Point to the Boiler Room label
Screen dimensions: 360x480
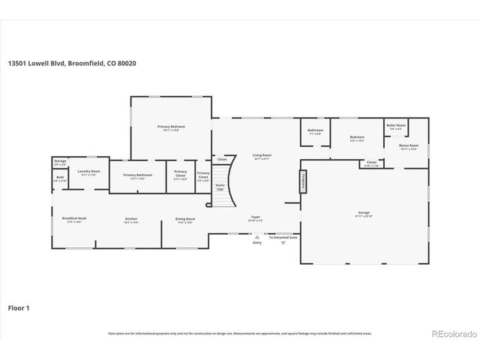point(396,127)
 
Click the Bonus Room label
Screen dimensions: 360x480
point(409,146)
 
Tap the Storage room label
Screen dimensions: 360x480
point(60,162)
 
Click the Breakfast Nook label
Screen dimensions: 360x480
point(73,220)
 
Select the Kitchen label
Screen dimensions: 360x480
point(131,220)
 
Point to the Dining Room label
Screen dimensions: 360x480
point(184,220)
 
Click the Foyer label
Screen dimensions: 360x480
point(255,219)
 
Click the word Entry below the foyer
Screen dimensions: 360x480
point(257,243)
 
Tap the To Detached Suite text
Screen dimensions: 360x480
point(283,238)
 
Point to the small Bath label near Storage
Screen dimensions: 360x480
point(59,178)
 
